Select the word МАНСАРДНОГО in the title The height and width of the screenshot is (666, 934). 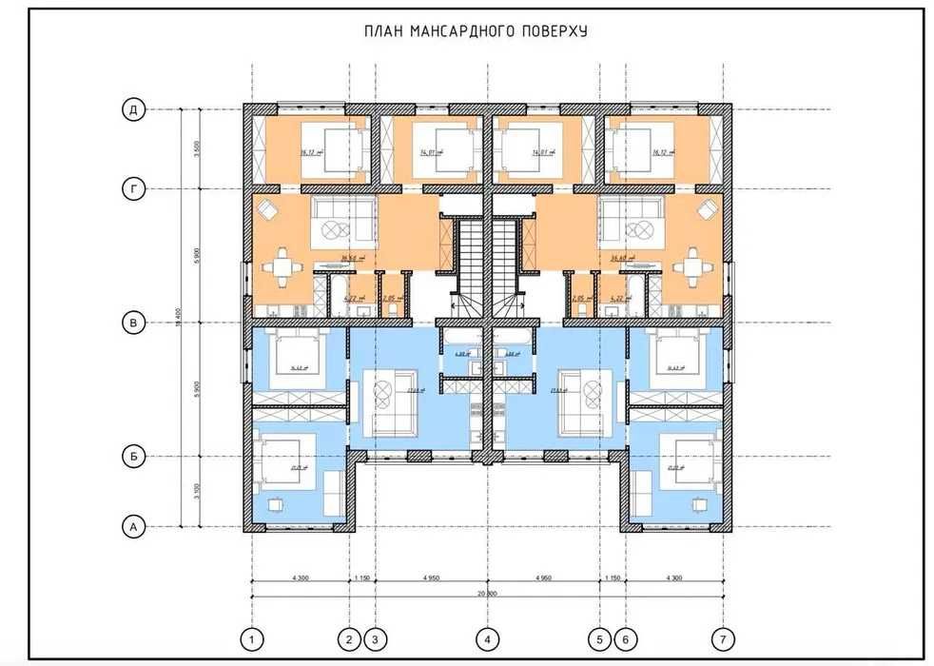point(460,31)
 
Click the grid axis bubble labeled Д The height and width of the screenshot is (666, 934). point(134,109)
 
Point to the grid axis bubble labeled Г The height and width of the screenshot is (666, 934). point(134,189)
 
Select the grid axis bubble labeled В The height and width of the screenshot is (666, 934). point(134,323)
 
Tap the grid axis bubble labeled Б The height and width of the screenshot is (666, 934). point(134,457)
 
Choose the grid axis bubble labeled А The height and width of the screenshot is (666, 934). point(134,525)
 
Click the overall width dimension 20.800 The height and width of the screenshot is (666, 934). point(486,593)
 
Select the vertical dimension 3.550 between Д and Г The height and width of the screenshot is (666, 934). point(195,149)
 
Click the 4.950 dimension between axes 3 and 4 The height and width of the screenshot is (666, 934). point(431,576)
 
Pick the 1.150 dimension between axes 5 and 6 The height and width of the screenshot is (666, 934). point(613,576)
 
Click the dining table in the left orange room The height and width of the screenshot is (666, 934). point(282,268)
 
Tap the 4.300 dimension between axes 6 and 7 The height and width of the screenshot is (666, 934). point(674,576)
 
